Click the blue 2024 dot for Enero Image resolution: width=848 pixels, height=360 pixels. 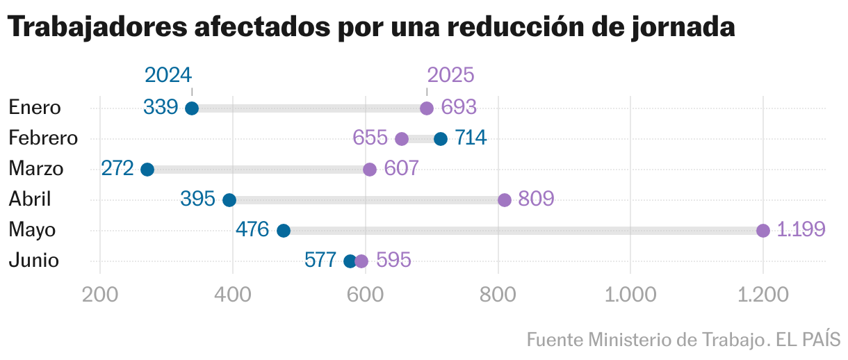(x=192, y=108)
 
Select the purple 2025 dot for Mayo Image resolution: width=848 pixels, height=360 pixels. (x=763, y=231)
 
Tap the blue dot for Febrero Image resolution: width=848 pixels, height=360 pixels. (x=441, y=139)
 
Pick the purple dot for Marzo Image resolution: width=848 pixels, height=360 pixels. (x=370, y=170)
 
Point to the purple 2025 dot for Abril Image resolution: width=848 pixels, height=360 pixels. (x=505, y=200)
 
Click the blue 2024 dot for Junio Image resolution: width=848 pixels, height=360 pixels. (x=350, y=261)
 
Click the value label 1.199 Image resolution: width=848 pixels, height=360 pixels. (x=801, y=229)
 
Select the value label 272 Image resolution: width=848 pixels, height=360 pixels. (x=117, y=169)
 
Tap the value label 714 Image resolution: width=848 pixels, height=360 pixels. (x=471, y=138)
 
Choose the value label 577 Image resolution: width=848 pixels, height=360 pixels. (x=320, y=261)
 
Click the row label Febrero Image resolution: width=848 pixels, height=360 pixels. (x=43, y=138)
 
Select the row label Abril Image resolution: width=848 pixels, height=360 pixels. (x=30, y=199)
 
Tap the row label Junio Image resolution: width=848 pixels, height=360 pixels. (x=33, y=261)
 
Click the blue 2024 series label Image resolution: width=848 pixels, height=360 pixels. (x=168, y=75)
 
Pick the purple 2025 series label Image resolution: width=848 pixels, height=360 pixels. (x=450, y=75)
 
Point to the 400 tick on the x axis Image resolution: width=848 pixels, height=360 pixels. (x=233, y=295)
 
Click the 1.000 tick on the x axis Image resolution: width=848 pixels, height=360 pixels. (x=630, y=295)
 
